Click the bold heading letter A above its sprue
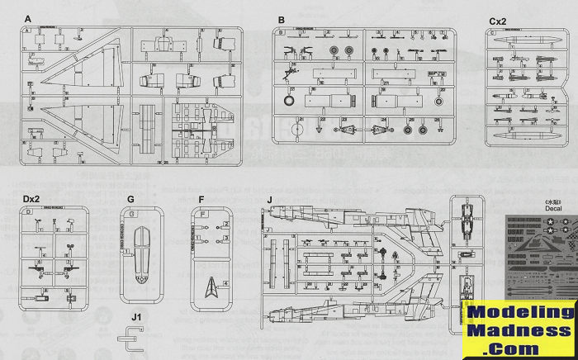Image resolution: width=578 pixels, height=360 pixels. (28, 18)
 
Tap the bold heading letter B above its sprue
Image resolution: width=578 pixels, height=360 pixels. (281, 18)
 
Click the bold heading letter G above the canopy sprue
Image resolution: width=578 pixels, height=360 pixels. (130, 199)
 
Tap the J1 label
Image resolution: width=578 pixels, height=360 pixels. (135, 316)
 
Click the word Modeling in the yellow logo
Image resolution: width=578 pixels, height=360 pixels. (519, 312)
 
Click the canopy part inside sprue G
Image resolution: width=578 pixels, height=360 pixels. (141, 248)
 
